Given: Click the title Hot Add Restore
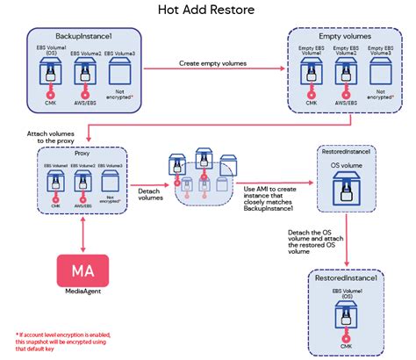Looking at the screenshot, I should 207,11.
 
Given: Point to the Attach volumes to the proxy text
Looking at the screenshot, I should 32,138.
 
